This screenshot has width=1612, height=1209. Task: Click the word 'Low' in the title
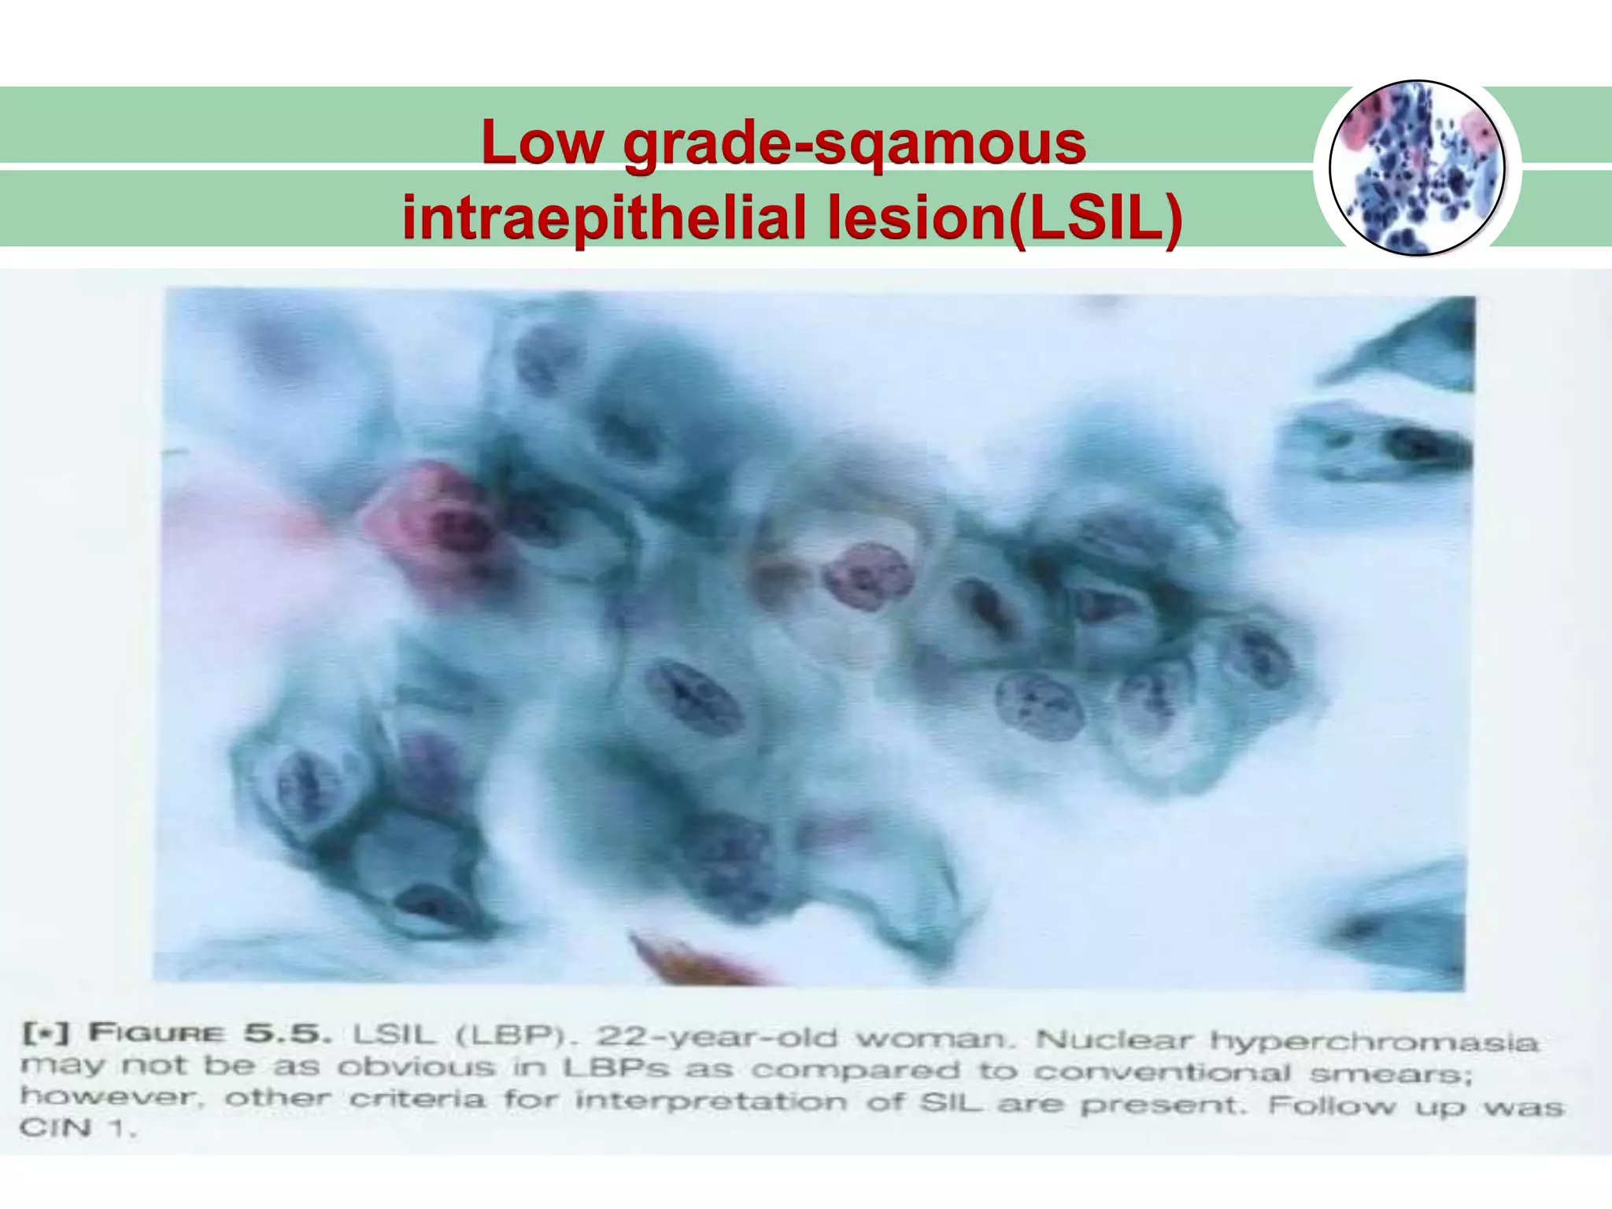point(542,143)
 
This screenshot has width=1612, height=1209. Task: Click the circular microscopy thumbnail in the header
point(1417,168)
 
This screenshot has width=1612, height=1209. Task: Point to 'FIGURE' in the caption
point(156,1033)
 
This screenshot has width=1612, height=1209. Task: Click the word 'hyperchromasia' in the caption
point(1373,1041)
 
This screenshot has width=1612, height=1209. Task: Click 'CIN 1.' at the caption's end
point(77,1128)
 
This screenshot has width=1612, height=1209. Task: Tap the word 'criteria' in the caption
point(417,1098)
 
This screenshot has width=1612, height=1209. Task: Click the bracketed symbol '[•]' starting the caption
point(46,1032)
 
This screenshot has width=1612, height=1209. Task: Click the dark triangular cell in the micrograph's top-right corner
point(1417,346)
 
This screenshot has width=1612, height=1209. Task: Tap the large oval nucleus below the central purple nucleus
point(693,697)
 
